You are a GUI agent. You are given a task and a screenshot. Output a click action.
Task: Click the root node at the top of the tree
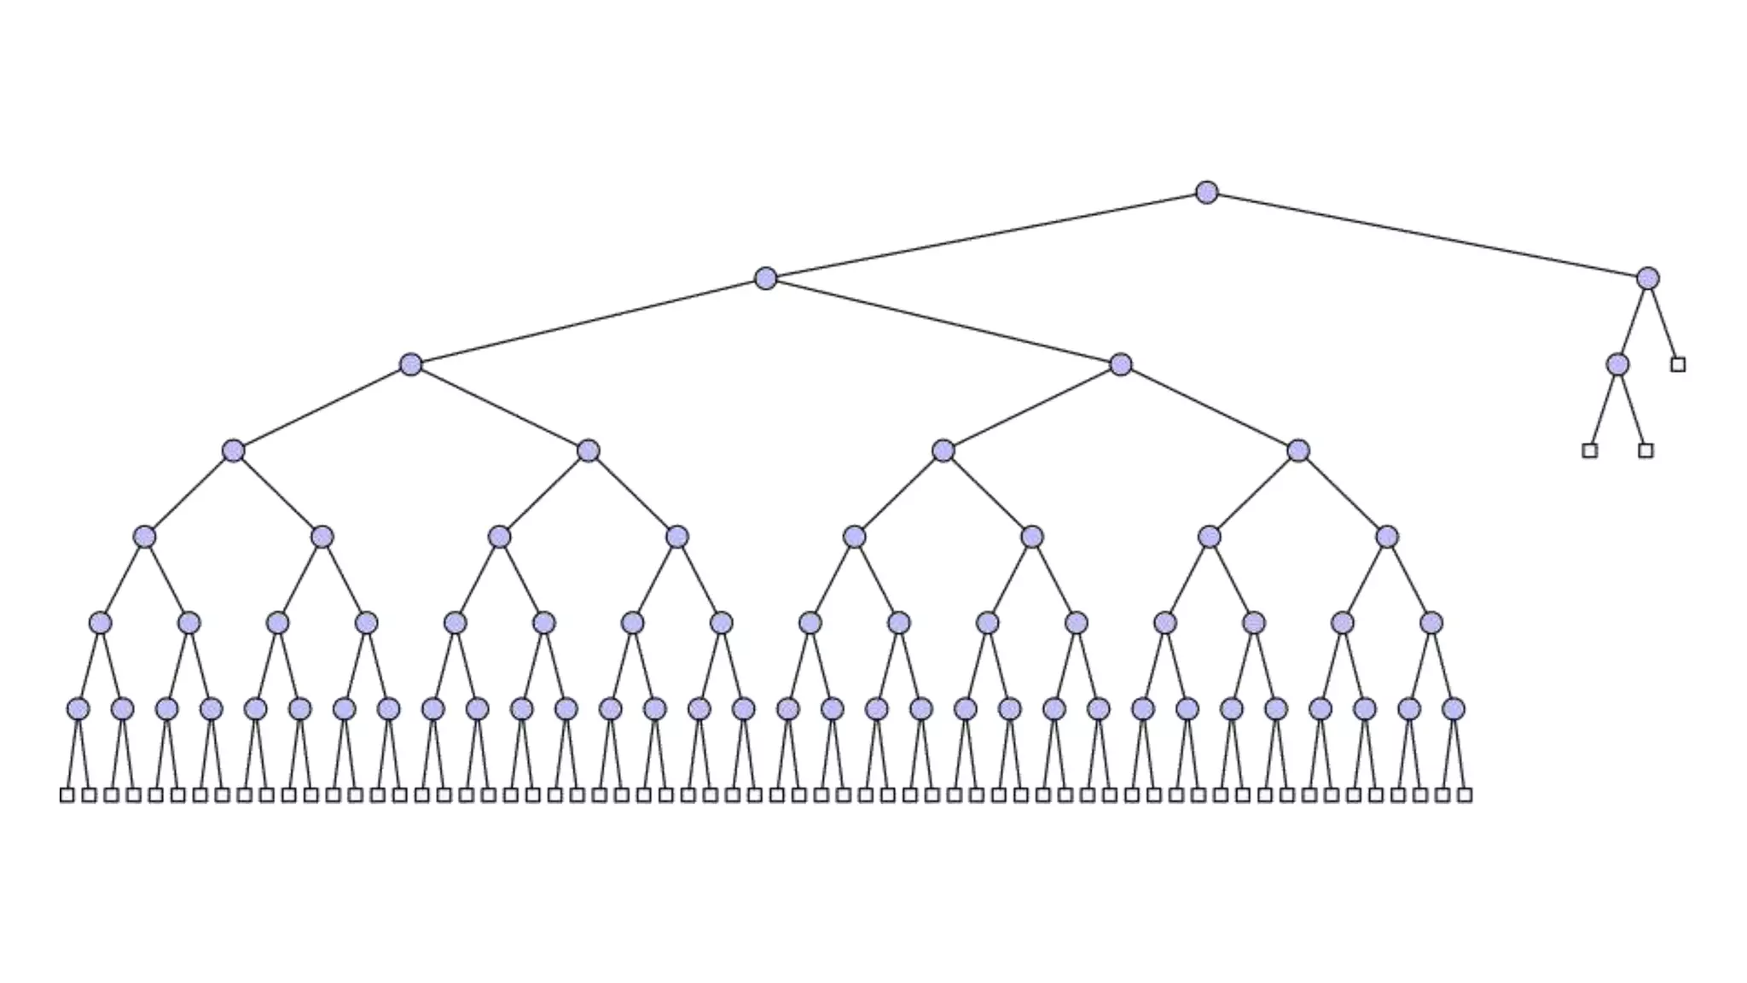pos(1206,192)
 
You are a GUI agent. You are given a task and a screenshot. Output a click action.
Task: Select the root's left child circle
pos(765,278)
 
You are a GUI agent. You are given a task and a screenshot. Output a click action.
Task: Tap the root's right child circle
pos(1647,278)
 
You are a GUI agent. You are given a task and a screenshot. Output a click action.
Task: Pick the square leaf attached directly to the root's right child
pos(1678,364)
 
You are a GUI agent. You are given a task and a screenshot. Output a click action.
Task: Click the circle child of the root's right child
pos(1616,364)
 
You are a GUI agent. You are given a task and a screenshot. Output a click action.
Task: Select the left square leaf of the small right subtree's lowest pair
pos(1589,451)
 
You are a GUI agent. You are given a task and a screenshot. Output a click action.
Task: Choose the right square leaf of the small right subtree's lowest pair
pos(1645,451)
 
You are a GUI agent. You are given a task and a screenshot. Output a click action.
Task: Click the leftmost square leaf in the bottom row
pos(67,795)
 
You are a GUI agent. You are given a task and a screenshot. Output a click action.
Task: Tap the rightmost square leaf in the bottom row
pos(1465,795)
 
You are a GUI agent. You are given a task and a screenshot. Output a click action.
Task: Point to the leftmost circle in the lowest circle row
pos(78,709)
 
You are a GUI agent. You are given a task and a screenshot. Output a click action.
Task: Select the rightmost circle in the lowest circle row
pos(1454,709)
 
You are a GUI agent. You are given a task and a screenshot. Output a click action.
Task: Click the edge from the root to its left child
pos(985,236)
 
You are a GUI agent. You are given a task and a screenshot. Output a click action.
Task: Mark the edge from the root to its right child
pos(1426,236)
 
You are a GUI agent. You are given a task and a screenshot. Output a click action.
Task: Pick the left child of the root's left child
pos(410,364)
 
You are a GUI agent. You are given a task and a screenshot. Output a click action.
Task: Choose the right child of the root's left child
pos(1120,364)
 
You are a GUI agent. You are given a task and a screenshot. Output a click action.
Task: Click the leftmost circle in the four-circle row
pos(233,451)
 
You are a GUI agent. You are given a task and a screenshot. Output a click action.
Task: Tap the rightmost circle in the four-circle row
pos(1297,451)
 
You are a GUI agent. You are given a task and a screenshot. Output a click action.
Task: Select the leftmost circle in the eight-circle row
pos(144,537)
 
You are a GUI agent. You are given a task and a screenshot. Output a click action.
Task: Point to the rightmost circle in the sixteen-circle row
pos(1431,623)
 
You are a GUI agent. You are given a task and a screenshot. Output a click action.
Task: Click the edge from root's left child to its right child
pos(943,322)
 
